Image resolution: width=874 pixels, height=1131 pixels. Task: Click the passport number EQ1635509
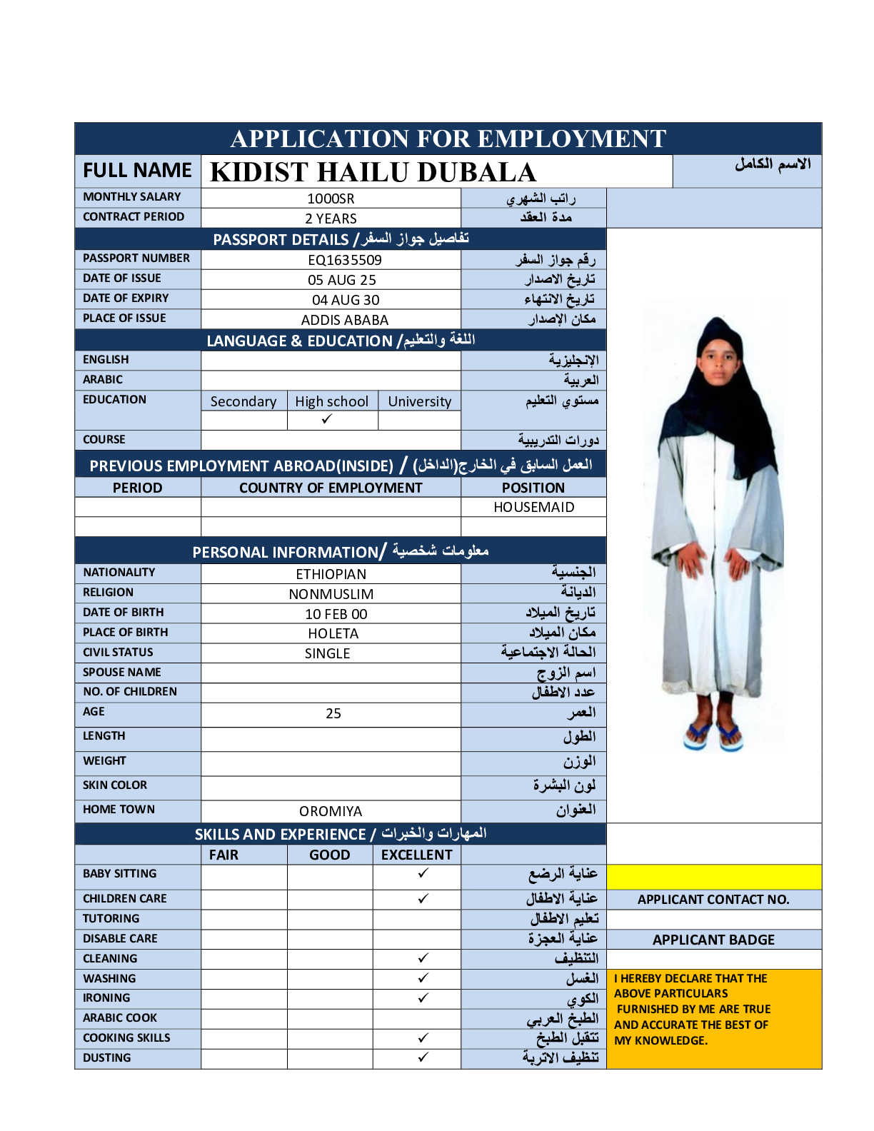(345, 260)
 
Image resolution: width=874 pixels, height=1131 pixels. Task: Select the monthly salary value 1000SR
(331, 198)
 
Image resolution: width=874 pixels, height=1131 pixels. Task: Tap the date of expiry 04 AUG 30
(346, 300)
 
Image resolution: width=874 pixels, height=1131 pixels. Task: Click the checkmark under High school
(327, 419)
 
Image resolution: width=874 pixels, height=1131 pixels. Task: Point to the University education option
(419, 401)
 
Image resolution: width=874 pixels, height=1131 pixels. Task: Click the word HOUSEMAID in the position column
(533, 507)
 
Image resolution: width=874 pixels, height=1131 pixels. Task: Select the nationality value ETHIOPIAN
(331, 574)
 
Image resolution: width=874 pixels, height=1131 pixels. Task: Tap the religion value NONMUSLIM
(331, 594)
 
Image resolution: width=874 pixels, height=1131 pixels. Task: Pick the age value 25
(333, 713)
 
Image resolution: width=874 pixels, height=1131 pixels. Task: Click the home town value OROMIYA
(331, 811)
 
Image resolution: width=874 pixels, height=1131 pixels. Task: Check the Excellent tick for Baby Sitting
(423, 873)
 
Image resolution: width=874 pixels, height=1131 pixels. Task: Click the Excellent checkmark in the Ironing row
(423, 997)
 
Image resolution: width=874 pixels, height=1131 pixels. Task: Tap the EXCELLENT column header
(416, 855)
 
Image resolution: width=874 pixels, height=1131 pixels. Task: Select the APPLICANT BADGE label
(713, 940)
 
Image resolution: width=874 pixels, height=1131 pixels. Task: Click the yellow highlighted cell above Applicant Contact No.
(713, 876)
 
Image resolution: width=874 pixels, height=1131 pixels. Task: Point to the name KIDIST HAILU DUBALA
(373, 172)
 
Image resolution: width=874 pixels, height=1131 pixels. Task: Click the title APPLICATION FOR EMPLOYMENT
(448, 139)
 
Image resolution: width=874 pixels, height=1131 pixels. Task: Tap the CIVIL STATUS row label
(118, 652)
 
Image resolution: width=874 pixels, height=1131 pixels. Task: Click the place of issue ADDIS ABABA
(344, 320)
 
